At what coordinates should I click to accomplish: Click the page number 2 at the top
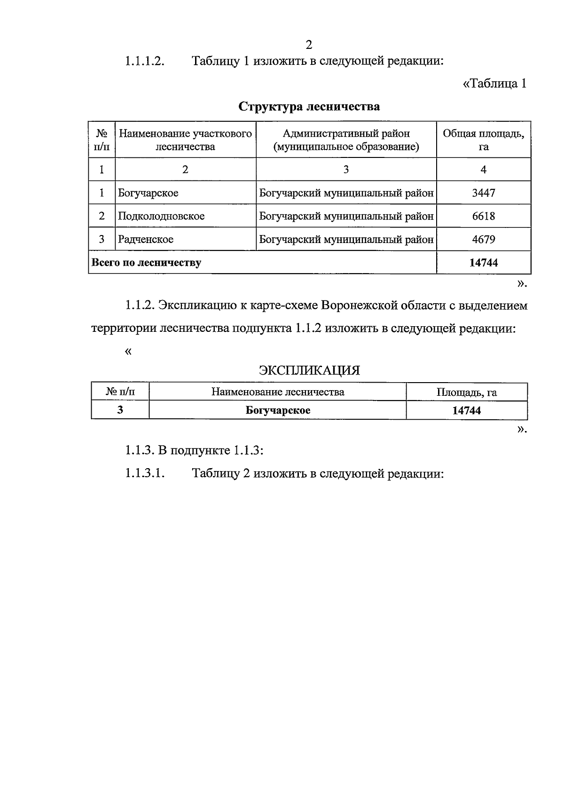tap(309, 45)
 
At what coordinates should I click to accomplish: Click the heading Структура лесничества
tap(309, 107)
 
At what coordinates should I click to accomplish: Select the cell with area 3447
tap(483, 193)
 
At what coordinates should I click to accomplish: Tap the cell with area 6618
tap(483, 216)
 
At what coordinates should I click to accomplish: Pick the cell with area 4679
tap(483, 239)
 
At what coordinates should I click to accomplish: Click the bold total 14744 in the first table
tap(483, 263)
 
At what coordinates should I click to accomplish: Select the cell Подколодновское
tap(161, 216)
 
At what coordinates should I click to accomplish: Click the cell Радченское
tap(146, 239)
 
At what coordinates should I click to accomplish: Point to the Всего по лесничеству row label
tap(146, 263)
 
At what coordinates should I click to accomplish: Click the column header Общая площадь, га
tap(483, 140)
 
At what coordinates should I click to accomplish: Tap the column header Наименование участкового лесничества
tap(185, 140)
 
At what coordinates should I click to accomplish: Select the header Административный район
tap(346, 134)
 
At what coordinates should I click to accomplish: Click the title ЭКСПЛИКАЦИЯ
tap(309, 370)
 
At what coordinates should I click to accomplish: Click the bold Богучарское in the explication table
tap(278, 410)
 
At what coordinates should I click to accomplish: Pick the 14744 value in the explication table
tap(466, 410)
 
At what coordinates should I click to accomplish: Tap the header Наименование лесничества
tap(278, 392)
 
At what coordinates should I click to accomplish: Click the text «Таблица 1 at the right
tap(494, 84)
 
